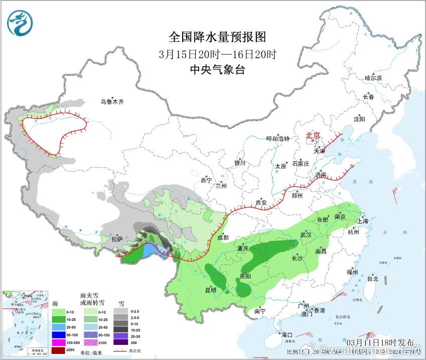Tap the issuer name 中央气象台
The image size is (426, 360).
(x=218, y=70)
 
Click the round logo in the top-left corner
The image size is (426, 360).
(x=20, y=23)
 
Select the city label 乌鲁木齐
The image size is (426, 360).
(x=111, y=102)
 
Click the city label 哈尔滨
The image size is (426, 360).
(x=373, y=78)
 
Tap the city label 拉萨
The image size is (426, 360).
(x=117, y=240)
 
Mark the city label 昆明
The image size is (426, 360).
(x=210, y=290)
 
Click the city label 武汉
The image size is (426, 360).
(x=306, y=235)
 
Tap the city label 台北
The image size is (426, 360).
(x=372, y=279)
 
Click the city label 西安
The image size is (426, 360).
(x=261, y=203)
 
